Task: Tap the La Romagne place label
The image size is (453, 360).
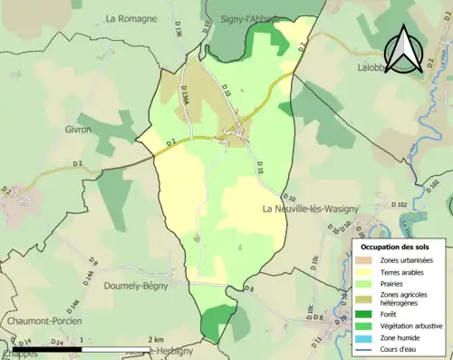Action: pyautogui.click(x=130, y=18)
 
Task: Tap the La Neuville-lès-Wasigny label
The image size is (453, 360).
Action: pyautogui.click(x=310, y=209)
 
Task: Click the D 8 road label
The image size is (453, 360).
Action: pyautogui.click(x=248, y=288)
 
